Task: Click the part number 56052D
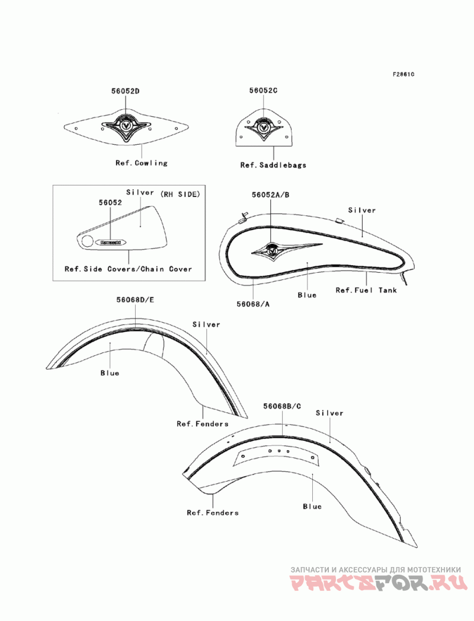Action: point(126,91)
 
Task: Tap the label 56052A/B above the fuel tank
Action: point(270,195)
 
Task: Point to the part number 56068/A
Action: point(253,304)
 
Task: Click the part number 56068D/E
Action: point(135,300)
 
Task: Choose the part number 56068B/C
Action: point(282,406)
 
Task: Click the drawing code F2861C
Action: point(403,75)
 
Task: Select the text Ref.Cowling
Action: point(142,163)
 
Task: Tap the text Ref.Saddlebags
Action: point(273,165)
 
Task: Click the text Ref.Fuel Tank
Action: point(366,290)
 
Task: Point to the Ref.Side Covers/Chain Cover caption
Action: point(129,269)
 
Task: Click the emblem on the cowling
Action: point(126,126)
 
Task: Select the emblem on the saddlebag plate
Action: point(262,127)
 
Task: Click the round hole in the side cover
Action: point(87,241)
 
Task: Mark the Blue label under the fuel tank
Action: point(307,295)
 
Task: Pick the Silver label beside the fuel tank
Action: point(361,211)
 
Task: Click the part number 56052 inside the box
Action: point(110,202)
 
